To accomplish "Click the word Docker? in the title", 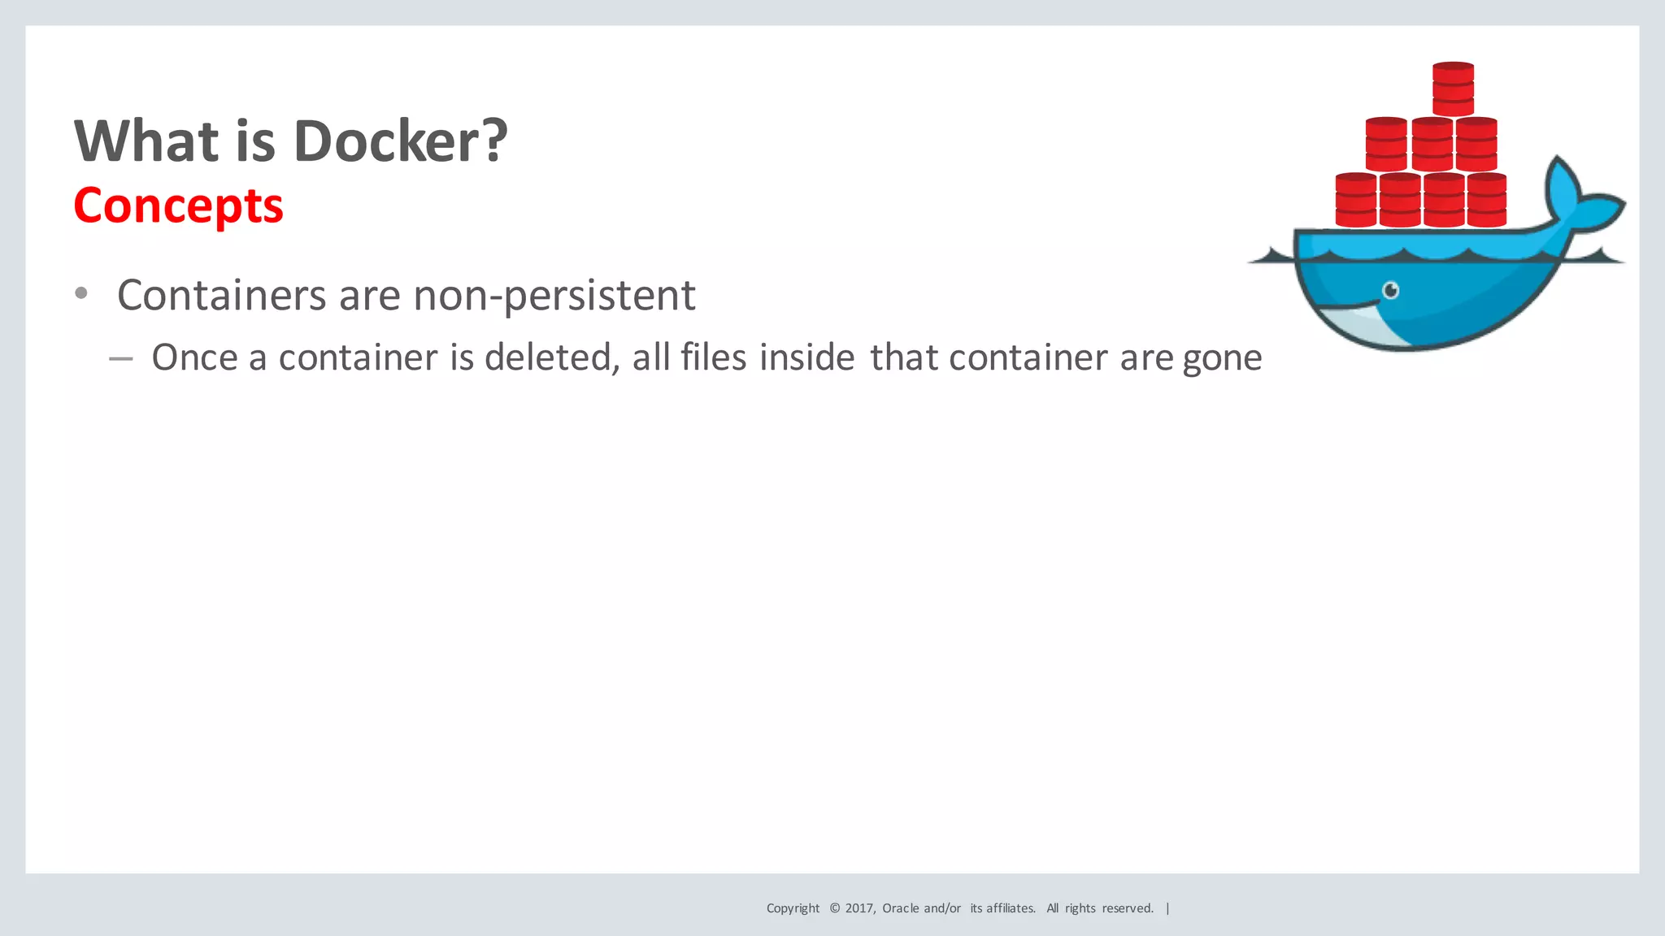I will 400,141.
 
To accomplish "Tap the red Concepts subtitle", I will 178,206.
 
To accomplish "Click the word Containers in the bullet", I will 222,295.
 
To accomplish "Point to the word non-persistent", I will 554,295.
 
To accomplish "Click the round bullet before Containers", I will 80,293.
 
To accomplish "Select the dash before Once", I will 121,358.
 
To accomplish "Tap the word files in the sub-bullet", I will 713,357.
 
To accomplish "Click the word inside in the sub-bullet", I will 806,357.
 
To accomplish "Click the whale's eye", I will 1391,290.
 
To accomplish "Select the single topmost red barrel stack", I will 1453,89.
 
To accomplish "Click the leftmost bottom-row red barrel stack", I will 1355,200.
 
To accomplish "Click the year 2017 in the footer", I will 859,908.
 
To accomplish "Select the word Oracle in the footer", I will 901,908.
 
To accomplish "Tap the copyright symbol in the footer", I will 834,908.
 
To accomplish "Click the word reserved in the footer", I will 1127,908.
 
